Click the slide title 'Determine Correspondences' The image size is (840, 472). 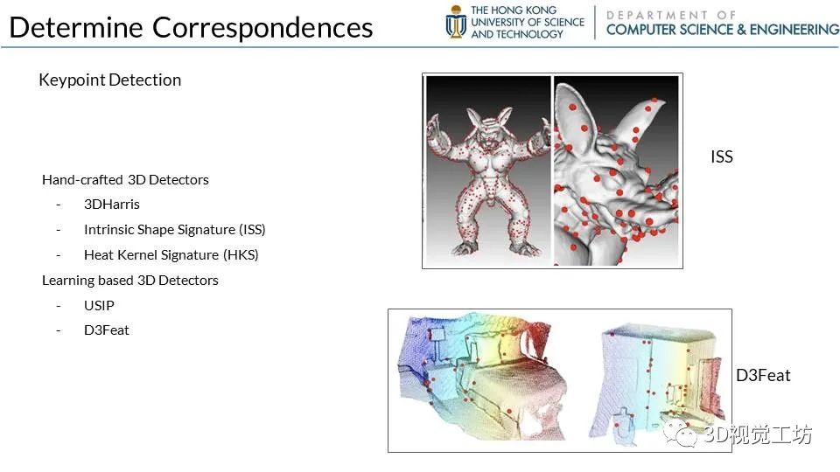click(x=191, y=28)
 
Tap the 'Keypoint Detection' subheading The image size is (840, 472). click(x=110, y=80)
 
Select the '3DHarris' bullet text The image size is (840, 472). click(x=111, y=204)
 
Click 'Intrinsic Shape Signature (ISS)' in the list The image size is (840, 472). click(x=175, y=230)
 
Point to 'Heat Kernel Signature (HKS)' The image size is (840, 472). click(x=171, y=254)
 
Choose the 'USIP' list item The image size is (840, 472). click(x=99, y=305)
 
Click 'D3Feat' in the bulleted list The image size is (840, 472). click(x=106, y=330)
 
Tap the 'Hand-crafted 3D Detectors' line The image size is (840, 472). click(x=125, y=180)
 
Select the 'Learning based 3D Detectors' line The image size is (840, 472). click(x=130, y=281)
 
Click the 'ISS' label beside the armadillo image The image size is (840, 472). click(x=722, y=156)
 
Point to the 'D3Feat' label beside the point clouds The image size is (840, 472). click(x=763, y=375)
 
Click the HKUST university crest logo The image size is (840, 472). click(x=456, y=22)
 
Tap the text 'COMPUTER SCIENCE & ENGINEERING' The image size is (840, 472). click(x=723, y=30)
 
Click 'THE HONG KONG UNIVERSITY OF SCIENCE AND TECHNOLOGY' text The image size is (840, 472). click(x=527, y=22)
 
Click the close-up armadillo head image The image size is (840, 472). click(x=616, y=171)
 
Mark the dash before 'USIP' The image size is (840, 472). click(x=59, y=306)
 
